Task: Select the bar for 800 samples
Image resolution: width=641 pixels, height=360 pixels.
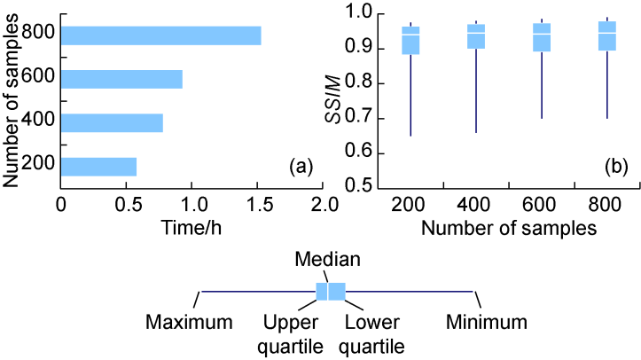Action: click(x=160, y=35)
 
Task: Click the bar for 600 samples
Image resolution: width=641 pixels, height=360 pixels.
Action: click(x=121, y=79)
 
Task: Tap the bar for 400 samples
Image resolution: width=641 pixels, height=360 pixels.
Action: click(x=112, y=122)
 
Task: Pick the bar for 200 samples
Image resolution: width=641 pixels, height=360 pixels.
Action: click(x=98, y=166)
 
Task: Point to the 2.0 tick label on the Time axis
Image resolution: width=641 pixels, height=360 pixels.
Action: click(x=324, y=204)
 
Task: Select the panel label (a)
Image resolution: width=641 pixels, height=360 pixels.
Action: click(x=301, y=166)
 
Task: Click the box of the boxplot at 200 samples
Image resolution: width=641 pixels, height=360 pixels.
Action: click(x=410, y=41)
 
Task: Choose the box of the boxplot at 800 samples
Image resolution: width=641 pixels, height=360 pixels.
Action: click(x=606, y=35)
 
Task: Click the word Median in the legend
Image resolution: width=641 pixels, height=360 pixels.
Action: click(x=328, y=261)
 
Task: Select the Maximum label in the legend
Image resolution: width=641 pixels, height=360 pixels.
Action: click(x=190, y=319)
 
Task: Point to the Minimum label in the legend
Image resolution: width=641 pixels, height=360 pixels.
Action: click(x=486, y=319)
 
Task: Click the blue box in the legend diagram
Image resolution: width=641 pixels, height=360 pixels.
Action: click(x=331, y=291)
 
